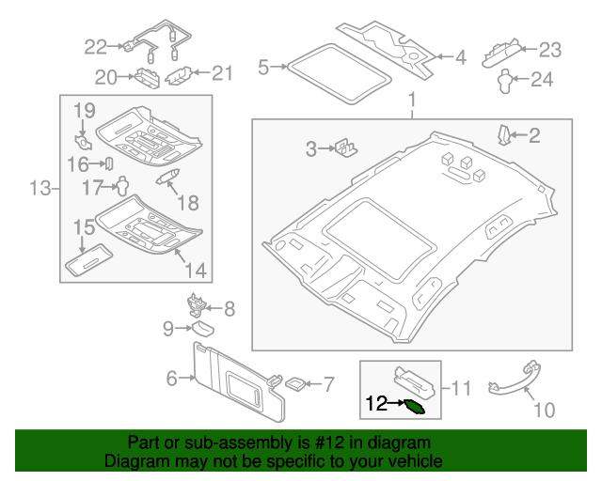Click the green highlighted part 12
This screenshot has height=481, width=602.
pyautogui.click(x=413, y=405)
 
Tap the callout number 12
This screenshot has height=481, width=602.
pyautogui.click(x=376, y=404)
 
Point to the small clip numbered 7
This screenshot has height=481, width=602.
pyautogui.click(x=294, y=383)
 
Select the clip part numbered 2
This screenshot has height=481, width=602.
pyautogui.click(x=505, y=134)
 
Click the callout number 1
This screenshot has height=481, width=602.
pyautogui.click(x=410, y=100)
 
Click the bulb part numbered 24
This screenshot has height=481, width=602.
pyautogui.click(x=504, y=80)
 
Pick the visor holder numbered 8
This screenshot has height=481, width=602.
pyautogui.click(x=197, y=303)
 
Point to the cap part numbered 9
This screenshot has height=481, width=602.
pyautogui.click(x=200, y=327)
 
